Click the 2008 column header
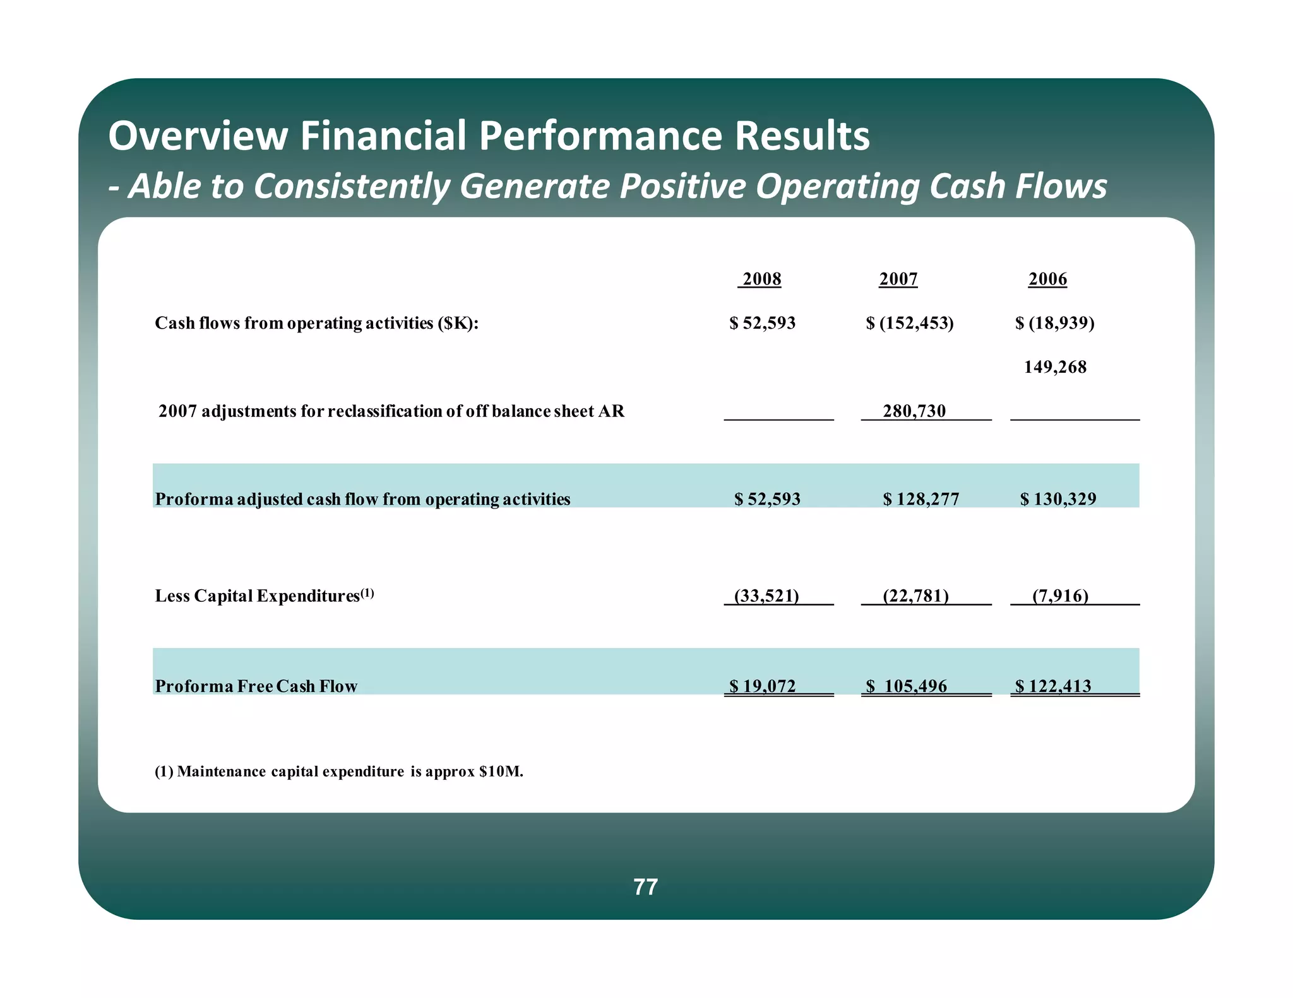tap(761, 279)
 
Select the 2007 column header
tap(898, 279)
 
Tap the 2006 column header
tap(1047, 279)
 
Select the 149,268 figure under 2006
tap(1055, 367)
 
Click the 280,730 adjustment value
tap(914, 411)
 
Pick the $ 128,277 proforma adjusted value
tap(921, 499)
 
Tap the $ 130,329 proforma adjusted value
tap(1058, 499)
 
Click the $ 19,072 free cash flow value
tap(763, 686)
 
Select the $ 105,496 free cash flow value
tap(907, 686)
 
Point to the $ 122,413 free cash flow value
tap(1053, 686)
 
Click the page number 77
tap(645, 887)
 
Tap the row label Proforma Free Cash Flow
tap(256, 686)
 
